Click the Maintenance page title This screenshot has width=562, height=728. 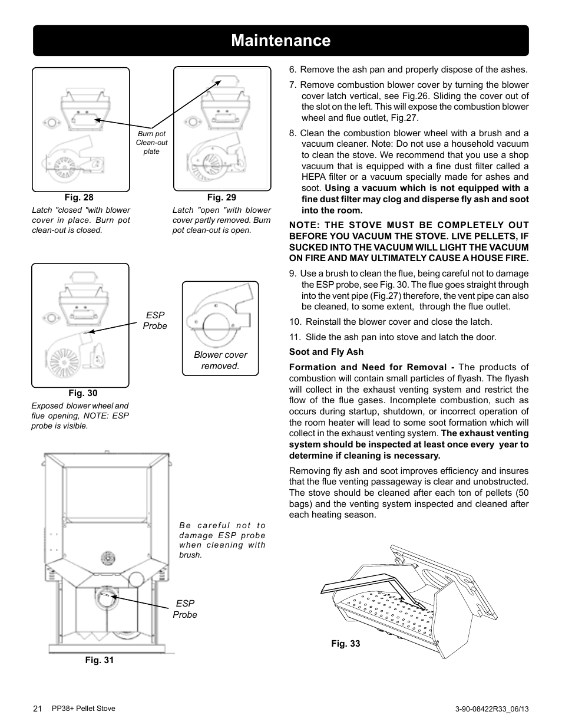click(281, 41)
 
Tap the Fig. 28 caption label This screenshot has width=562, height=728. click(79, 198)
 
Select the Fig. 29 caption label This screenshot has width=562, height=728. click(222, 198)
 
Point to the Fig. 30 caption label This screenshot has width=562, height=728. click(83, 393)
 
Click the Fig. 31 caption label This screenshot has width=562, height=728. click(100, 660)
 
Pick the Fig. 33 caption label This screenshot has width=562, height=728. click(345, 644)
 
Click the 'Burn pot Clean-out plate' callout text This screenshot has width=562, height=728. click(151, 143)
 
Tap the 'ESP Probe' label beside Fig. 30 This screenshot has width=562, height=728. click(155, 321)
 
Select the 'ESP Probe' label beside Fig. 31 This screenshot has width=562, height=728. click(185, 609)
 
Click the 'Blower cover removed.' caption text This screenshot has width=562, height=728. click(220, 360)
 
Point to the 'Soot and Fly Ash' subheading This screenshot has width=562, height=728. click(326, 352)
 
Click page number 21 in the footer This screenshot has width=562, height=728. click(38, 709)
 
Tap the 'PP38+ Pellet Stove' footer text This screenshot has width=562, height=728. click(84, 709)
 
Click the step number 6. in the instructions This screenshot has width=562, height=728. click(293, 70)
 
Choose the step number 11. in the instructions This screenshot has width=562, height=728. click(295, 337)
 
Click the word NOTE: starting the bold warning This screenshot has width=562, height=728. click(305, 225)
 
